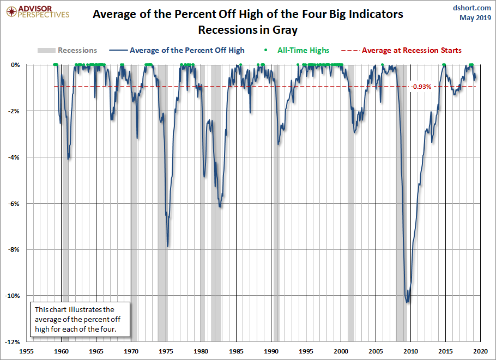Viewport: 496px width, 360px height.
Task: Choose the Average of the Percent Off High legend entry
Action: pyautogui.click(x=179, y=50)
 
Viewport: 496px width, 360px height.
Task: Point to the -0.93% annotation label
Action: pyautogui.click(x=421, y=87)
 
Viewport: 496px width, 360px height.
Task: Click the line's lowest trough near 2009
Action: pyautogui.click(x=407, y=302)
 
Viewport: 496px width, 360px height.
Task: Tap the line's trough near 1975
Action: pyautogui.click(x=168, y=246)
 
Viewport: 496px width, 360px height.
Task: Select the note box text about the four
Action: pyautogui.click(x=80, y=320)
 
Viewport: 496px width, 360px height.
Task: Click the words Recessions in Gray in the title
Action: pyautogui.click(x=248, y=29)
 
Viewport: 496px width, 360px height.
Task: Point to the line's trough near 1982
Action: pyautogui.click(x=220, y=207)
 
